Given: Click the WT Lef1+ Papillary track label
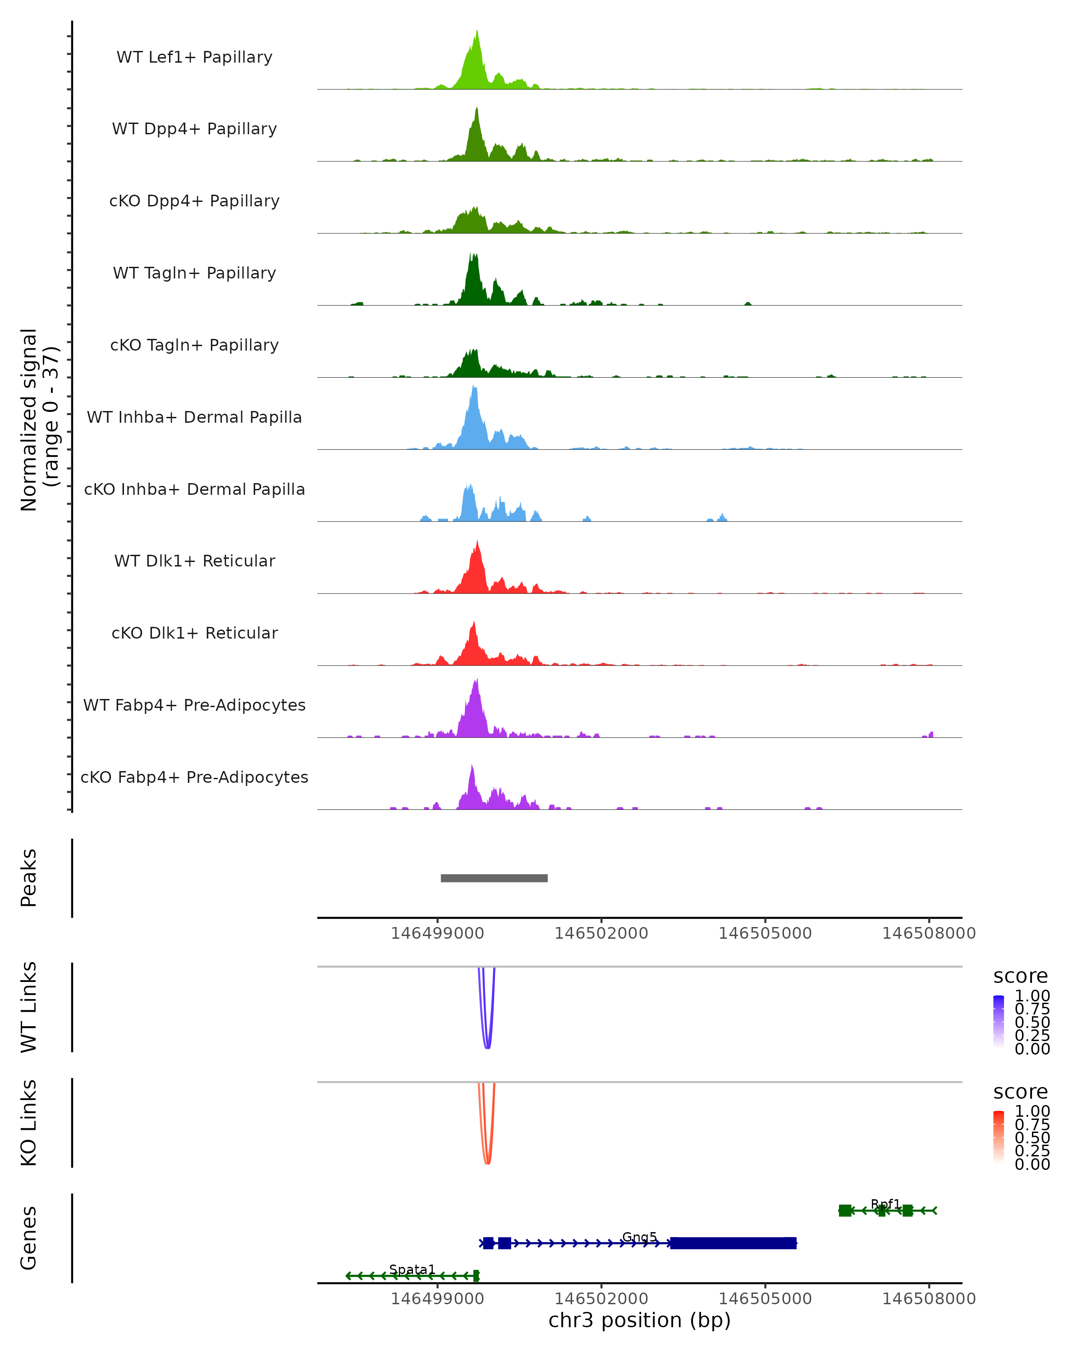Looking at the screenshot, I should point(194,57).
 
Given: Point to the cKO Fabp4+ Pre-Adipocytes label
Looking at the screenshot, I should point(194,777).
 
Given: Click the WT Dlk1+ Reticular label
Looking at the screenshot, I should point(194,561).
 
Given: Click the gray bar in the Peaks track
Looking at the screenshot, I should point(494,878).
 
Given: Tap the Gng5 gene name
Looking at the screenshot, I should point(639,1237).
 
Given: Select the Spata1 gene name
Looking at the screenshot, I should point(412,1269).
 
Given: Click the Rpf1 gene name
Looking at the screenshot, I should point(885,1204).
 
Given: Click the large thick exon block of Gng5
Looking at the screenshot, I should point(733,1243).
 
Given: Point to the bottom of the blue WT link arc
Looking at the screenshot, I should point(487,1047).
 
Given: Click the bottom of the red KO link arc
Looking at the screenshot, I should point(487,1163).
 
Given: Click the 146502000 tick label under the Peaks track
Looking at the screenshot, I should point(601,933).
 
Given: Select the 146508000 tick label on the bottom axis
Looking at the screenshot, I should point(928,1299).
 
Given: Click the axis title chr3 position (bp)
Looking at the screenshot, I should point(639,1320).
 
